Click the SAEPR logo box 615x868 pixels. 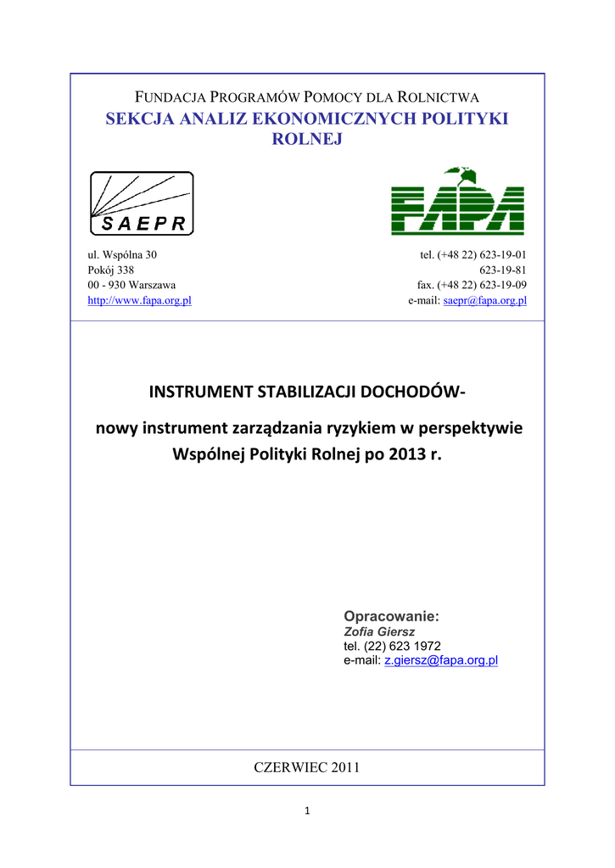pos(142,203)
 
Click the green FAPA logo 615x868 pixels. pos(458,202)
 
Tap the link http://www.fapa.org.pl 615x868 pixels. pos(140,301)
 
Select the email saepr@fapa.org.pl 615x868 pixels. pos(486,301)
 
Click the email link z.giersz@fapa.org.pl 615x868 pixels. pos(441,659)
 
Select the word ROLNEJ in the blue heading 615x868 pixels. pos(307,139)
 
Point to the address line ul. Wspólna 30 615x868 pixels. pos(123,254)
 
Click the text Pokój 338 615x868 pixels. pos(111,270)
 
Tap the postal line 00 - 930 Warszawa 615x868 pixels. pos(132,285)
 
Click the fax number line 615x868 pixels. pos(472,285)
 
